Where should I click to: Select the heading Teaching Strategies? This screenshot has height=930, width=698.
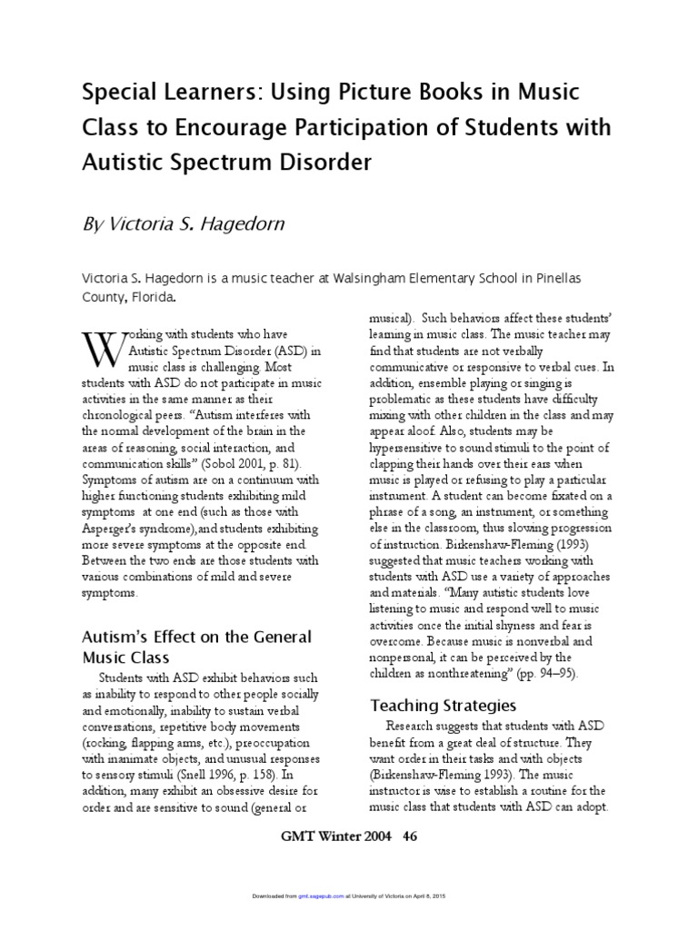coord(443,705)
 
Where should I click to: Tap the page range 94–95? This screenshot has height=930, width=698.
coord(552,673)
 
